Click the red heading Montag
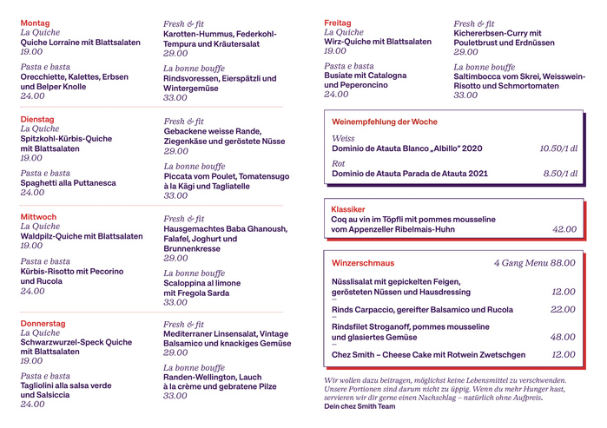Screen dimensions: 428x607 [35, 23]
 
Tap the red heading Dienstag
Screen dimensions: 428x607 [37, 119]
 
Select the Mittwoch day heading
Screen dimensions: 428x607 [38, 216]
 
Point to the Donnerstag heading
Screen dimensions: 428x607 [43, 323]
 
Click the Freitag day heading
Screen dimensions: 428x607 [337, 23]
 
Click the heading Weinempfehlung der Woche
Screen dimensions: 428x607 [384, 122]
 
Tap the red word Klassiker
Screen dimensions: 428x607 [347, 209]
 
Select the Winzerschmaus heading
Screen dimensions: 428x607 [363, 263]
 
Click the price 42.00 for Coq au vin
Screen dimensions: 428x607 [564, 229]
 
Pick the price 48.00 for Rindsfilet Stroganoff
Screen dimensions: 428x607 [563, 337]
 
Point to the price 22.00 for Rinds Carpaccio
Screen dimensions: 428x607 [563, 309]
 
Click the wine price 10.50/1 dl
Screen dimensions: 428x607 [558, 148]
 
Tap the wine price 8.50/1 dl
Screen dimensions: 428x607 [560, 174]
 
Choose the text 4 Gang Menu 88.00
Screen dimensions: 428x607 [534, 263]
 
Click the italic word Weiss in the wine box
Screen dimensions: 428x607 [344, 138]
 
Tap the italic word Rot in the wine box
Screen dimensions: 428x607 [339, 163]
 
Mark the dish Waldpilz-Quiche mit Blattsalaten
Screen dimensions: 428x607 [82, 236]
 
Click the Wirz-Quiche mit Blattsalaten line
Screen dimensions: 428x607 [377, 42]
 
